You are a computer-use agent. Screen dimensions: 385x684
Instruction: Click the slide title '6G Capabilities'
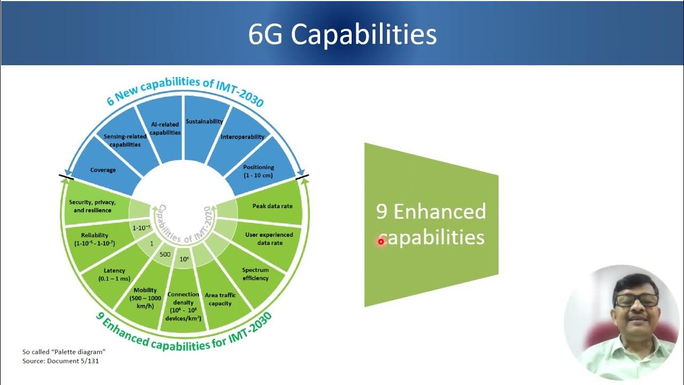[x=342, y=34]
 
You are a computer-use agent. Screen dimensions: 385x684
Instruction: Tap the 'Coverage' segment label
[x=103, y=170]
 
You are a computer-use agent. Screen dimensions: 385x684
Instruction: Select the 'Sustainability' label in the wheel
[x=204, y=121]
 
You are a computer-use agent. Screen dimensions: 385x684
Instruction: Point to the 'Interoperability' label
[x=243, y=137]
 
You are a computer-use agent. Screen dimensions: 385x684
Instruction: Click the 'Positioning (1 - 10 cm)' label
[x=259, y=171]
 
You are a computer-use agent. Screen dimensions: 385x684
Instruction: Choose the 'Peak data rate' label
[x=272, y=206]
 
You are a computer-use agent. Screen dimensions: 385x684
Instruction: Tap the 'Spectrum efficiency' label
[x=255, y=274]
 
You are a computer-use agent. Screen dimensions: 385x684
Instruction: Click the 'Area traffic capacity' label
[x=220, y=299]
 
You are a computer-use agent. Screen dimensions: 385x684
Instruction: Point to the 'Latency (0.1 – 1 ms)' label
[x=114, y=275]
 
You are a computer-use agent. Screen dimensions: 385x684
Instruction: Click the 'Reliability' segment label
[x=95, y=239]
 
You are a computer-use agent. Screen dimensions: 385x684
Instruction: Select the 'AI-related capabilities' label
[x=165, y=128]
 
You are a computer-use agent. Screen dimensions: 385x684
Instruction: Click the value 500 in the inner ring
[x=165, y=254]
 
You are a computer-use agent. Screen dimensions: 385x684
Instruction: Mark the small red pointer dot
[x=381, y=242]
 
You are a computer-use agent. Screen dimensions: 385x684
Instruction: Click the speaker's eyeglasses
[x=636, y=301]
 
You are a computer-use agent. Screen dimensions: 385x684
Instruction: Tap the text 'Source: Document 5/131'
[x=60, y=361]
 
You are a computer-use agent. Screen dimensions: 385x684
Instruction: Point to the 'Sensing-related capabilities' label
[x=125, y=140]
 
